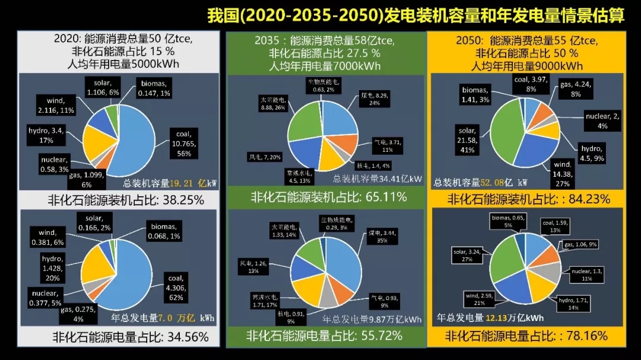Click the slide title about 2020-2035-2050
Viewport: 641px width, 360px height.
pyautogui.click(x=416, y=15)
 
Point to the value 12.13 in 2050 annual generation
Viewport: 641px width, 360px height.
pyautogui.click(x=497, y=318)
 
